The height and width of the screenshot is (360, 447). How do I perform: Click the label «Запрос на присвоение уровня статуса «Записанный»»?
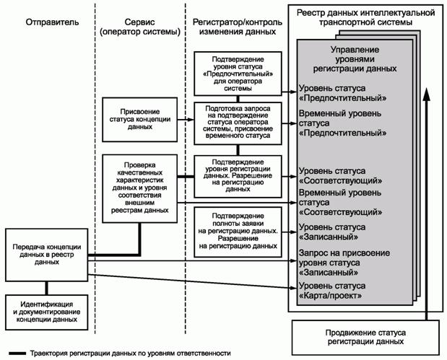coord(344,263)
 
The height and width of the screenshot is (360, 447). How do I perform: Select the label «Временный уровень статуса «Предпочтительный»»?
coord(340,123)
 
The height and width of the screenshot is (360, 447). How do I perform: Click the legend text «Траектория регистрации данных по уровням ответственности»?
coord(130,354)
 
